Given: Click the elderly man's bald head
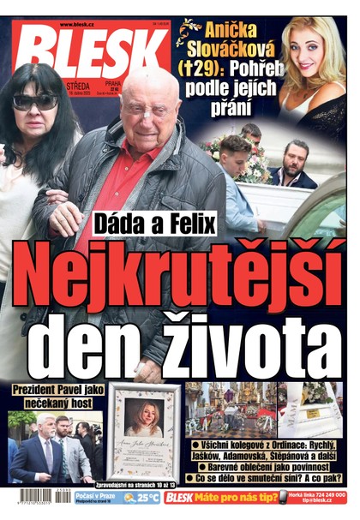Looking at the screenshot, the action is pyautogui.click(x=150, y=86).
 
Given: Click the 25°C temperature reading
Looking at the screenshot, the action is pyautogui.click(x=144, y=497).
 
